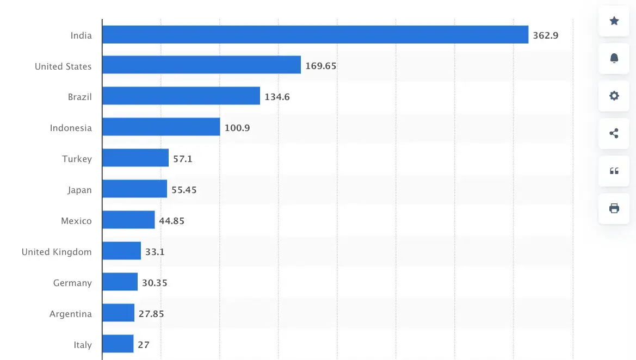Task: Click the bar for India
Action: (x=315, y=35)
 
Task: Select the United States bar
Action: (x=201, y=65)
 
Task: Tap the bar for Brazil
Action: (x=181, y=96)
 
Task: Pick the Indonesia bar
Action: (x=161, y=127)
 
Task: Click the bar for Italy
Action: (x=118, y=344)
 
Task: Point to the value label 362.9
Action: (x=546, y=36)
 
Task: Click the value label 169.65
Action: (x=321, y=66)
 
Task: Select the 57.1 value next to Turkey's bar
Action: (x=183, y=159)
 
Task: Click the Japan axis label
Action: (x=79, y=190)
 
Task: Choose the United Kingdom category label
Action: (x=57, y=252)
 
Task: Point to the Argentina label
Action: (x=71, y=314)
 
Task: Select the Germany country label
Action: (x=72, y=283)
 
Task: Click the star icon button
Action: (x=614, y=21)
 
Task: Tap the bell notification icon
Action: (x=614, y=58)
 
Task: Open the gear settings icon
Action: (x=614, y=96)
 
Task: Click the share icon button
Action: (x=614, y=133)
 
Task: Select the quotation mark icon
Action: (x=614, y=171)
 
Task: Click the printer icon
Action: (x=614, y=208)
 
